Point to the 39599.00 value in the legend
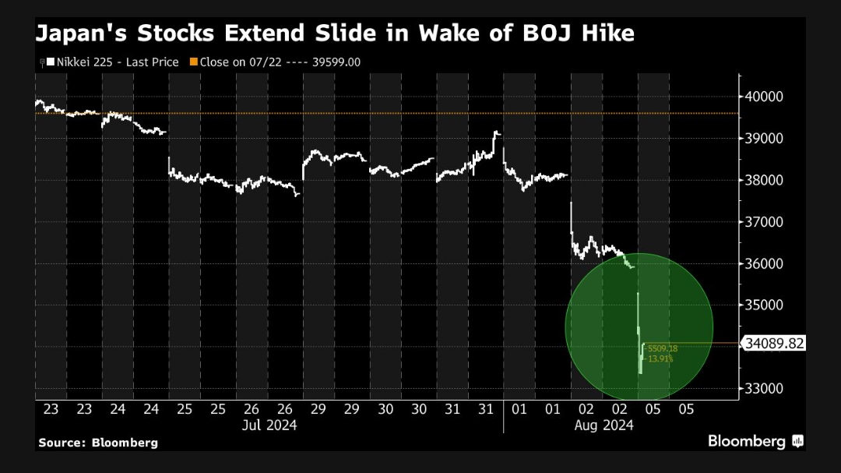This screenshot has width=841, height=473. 337,62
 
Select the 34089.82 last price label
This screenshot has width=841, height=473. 773,343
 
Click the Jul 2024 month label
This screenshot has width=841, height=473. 269,425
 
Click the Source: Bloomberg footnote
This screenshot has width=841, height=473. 97,443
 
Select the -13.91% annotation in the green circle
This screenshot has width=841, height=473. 660,358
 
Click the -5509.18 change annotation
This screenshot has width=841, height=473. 662,348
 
